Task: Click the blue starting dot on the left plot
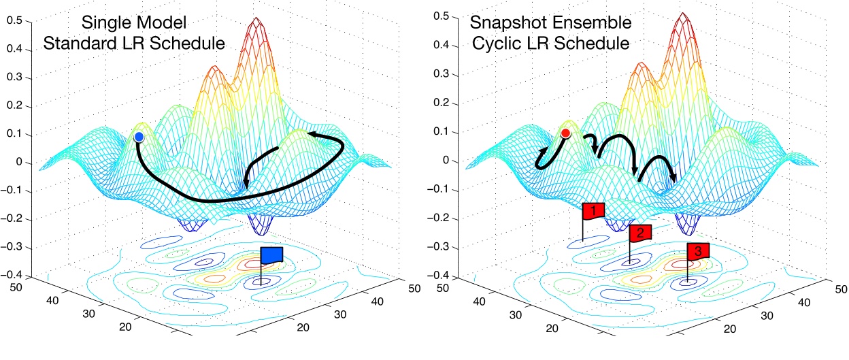coord(139,137)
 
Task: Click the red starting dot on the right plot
coord(565,134)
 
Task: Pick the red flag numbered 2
coord(640,233)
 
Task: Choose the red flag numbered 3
coord(697,251)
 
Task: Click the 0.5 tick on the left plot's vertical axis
coord(14,20)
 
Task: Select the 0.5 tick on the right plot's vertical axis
coord(441,16)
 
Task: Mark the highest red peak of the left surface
coord(256,20)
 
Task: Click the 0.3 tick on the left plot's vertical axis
coord(14,77)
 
